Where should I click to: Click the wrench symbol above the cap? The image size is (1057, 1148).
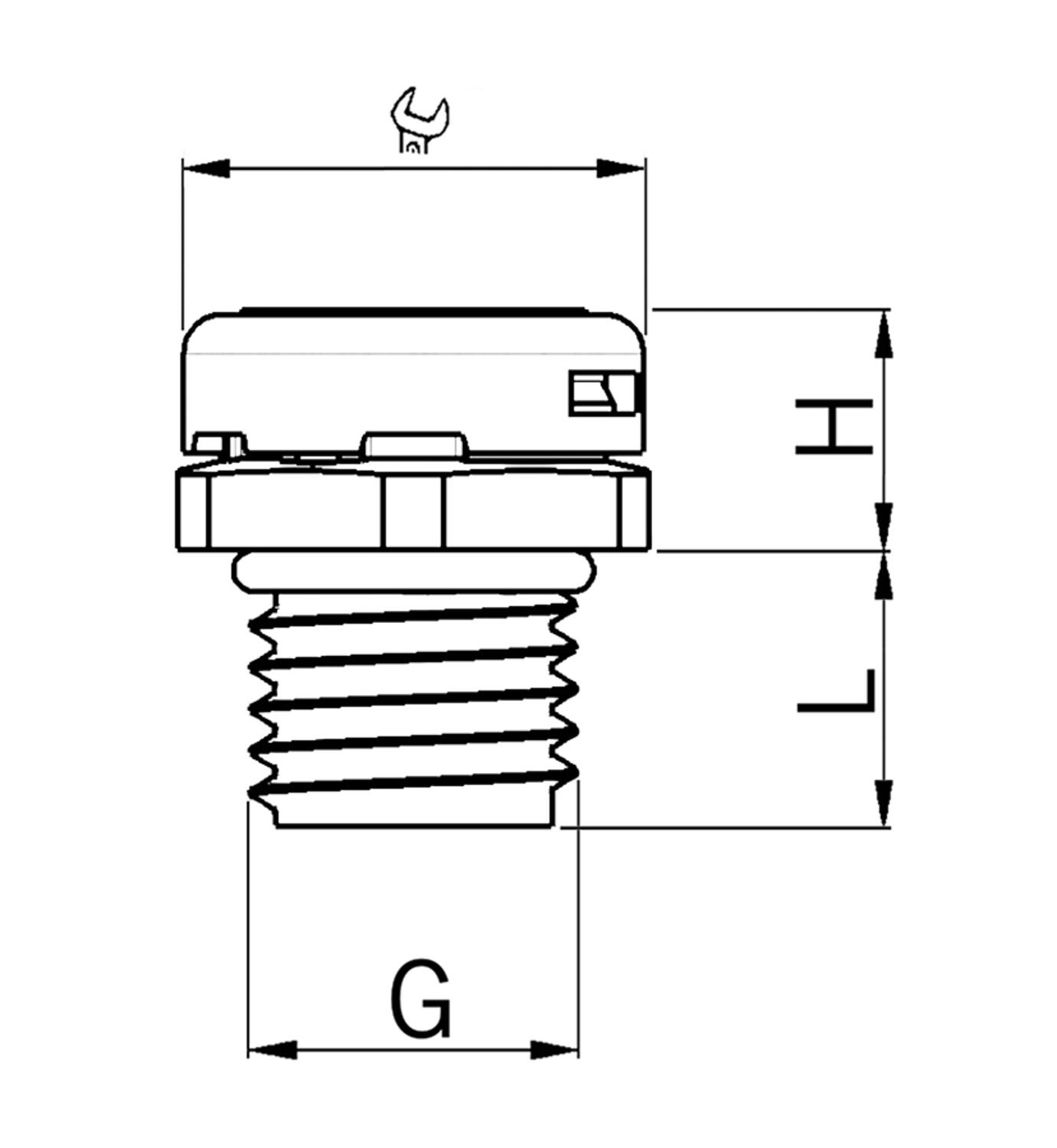click(x=419, y=120)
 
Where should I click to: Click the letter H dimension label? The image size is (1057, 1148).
click(x=834, y=426)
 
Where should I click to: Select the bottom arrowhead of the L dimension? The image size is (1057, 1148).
click(x=883, y=804)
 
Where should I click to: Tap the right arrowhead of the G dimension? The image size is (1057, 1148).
click(x=554, y=1049)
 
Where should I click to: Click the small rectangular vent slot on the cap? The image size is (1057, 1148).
click(x=602, y=393)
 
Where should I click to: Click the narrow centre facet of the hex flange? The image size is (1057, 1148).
click(x=414, y=510)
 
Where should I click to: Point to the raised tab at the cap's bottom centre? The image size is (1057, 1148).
click(x=414, y=445)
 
